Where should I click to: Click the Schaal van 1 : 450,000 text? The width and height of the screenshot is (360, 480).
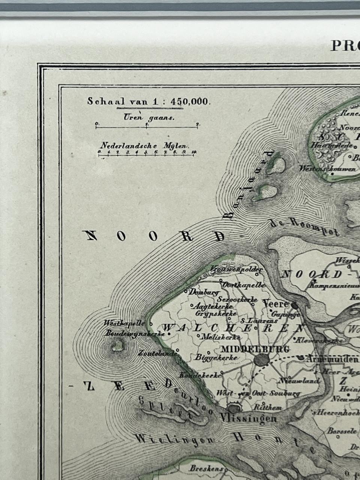(x=149, y=101)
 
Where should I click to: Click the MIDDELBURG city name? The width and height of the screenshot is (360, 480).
(x=255, y=349)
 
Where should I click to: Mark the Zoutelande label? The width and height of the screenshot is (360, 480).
(x=157, y=353)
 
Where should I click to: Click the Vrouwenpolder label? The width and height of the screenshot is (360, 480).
(x=236, y=269)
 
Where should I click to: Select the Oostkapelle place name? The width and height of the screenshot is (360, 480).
(x=244, y=285)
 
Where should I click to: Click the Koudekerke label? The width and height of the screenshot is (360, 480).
(x=199, y=374)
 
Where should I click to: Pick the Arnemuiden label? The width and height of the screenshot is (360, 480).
(x=331, y=359)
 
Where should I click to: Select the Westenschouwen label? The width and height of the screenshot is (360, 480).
(x=327, y=169)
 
